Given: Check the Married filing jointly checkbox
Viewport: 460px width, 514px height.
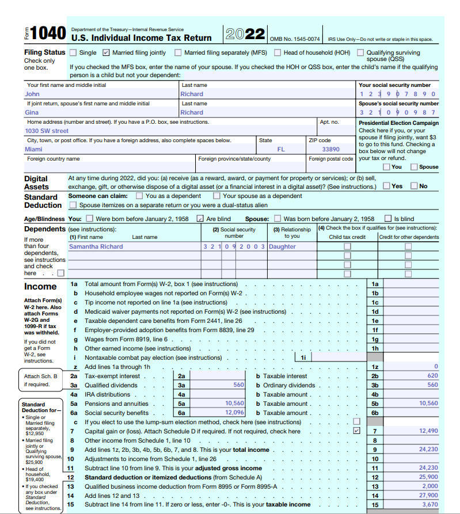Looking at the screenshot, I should tap(106, 52).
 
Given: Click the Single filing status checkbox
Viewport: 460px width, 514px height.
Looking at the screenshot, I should tap(73, 52).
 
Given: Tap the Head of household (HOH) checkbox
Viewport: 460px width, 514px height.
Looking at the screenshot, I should tap(277, 52).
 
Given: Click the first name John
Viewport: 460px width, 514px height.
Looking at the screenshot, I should tap(32, 94).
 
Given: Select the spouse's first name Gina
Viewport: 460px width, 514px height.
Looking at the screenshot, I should tap(32, 112).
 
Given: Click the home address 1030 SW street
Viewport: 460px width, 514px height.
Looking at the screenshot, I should tap(47, 131).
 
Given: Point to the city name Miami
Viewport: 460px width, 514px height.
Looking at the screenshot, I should tap(33, 149).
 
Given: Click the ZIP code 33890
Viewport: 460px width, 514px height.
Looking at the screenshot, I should tap(330, 149).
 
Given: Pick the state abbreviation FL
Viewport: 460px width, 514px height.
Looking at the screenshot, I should tap(281, 149).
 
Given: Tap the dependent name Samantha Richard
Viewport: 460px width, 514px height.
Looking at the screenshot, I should tap(96, 246).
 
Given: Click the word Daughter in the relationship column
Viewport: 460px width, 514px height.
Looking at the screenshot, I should tap(282, 246).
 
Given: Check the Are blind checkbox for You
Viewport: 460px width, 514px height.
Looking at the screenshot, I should tap(200, 219).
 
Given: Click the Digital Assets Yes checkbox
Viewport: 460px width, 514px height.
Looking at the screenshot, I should tap(386, 186).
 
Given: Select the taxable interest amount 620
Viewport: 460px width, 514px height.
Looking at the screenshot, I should tap(432, 376).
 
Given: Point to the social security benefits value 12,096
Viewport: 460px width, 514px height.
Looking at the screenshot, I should tap(234, 413).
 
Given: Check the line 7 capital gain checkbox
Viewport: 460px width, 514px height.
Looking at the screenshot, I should tap(356, 431).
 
